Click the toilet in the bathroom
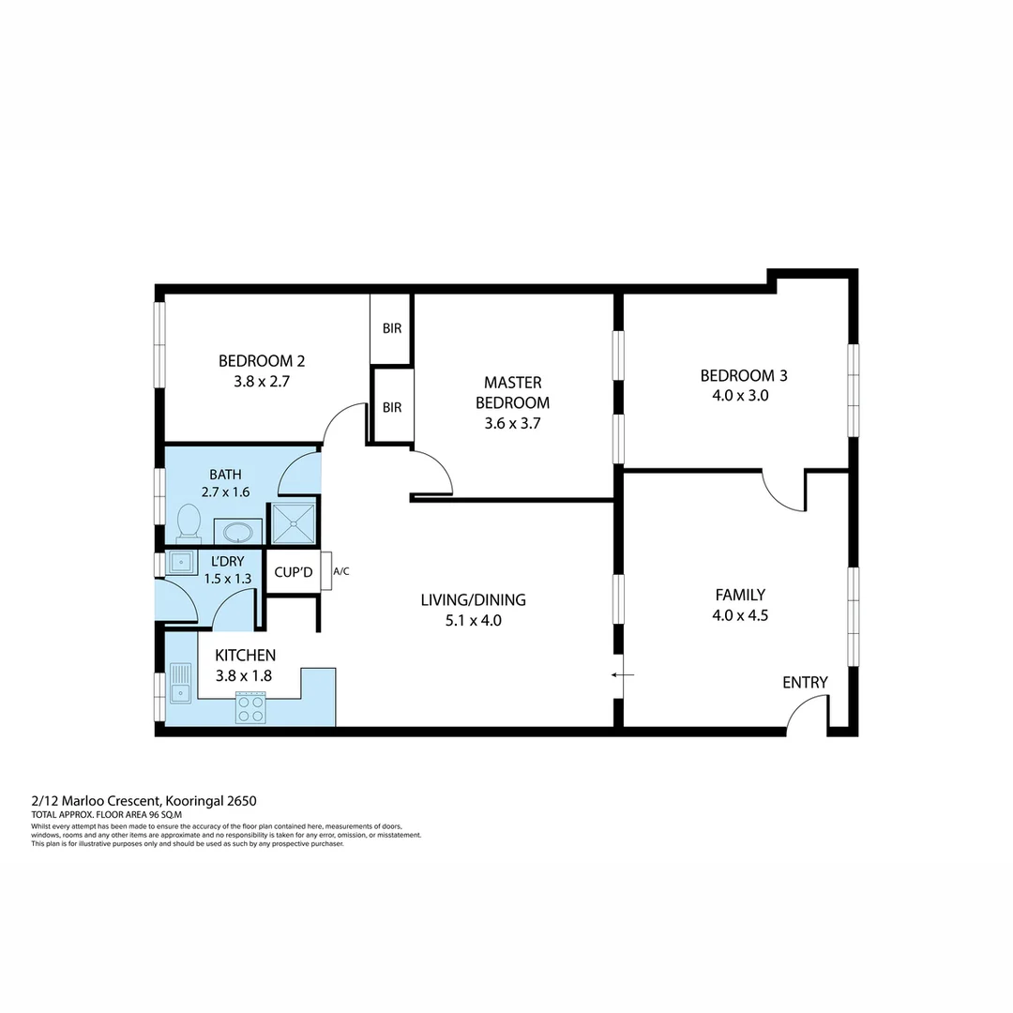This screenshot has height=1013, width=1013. [189, 522]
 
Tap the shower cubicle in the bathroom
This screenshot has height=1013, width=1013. [293, 523]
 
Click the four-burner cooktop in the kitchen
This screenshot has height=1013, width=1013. [250, 707]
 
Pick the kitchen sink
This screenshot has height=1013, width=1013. [180, 683]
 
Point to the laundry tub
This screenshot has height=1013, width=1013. [179, 562]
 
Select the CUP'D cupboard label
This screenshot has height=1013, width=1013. [294, 571]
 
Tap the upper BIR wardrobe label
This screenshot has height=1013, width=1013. [391, 329]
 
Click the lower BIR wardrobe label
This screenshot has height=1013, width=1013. [391, 407]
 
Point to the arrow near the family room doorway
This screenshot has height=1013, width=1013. [622, 674]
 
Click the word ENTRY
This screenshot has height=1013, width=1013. [805, 682]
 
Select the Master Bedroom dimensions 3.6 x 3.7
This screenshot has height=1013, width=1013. [512, 423]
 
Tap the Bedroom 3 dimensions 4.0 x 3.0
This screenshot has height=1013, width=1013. [740, 396]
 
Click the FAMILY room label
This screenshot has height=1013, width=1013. [740, 595]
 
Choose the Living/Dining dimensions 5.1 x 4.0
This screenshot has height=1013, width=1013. [473, 620]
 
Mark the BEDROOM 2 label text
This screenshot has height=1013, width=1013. [262, 360]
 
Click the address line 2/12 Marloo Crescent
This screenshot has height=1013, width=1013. [144, 800]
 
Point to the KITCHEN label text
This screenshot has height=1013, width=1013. [246, 655]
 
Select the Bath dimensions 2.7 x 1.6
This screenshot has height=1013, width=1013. [226, 491]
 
